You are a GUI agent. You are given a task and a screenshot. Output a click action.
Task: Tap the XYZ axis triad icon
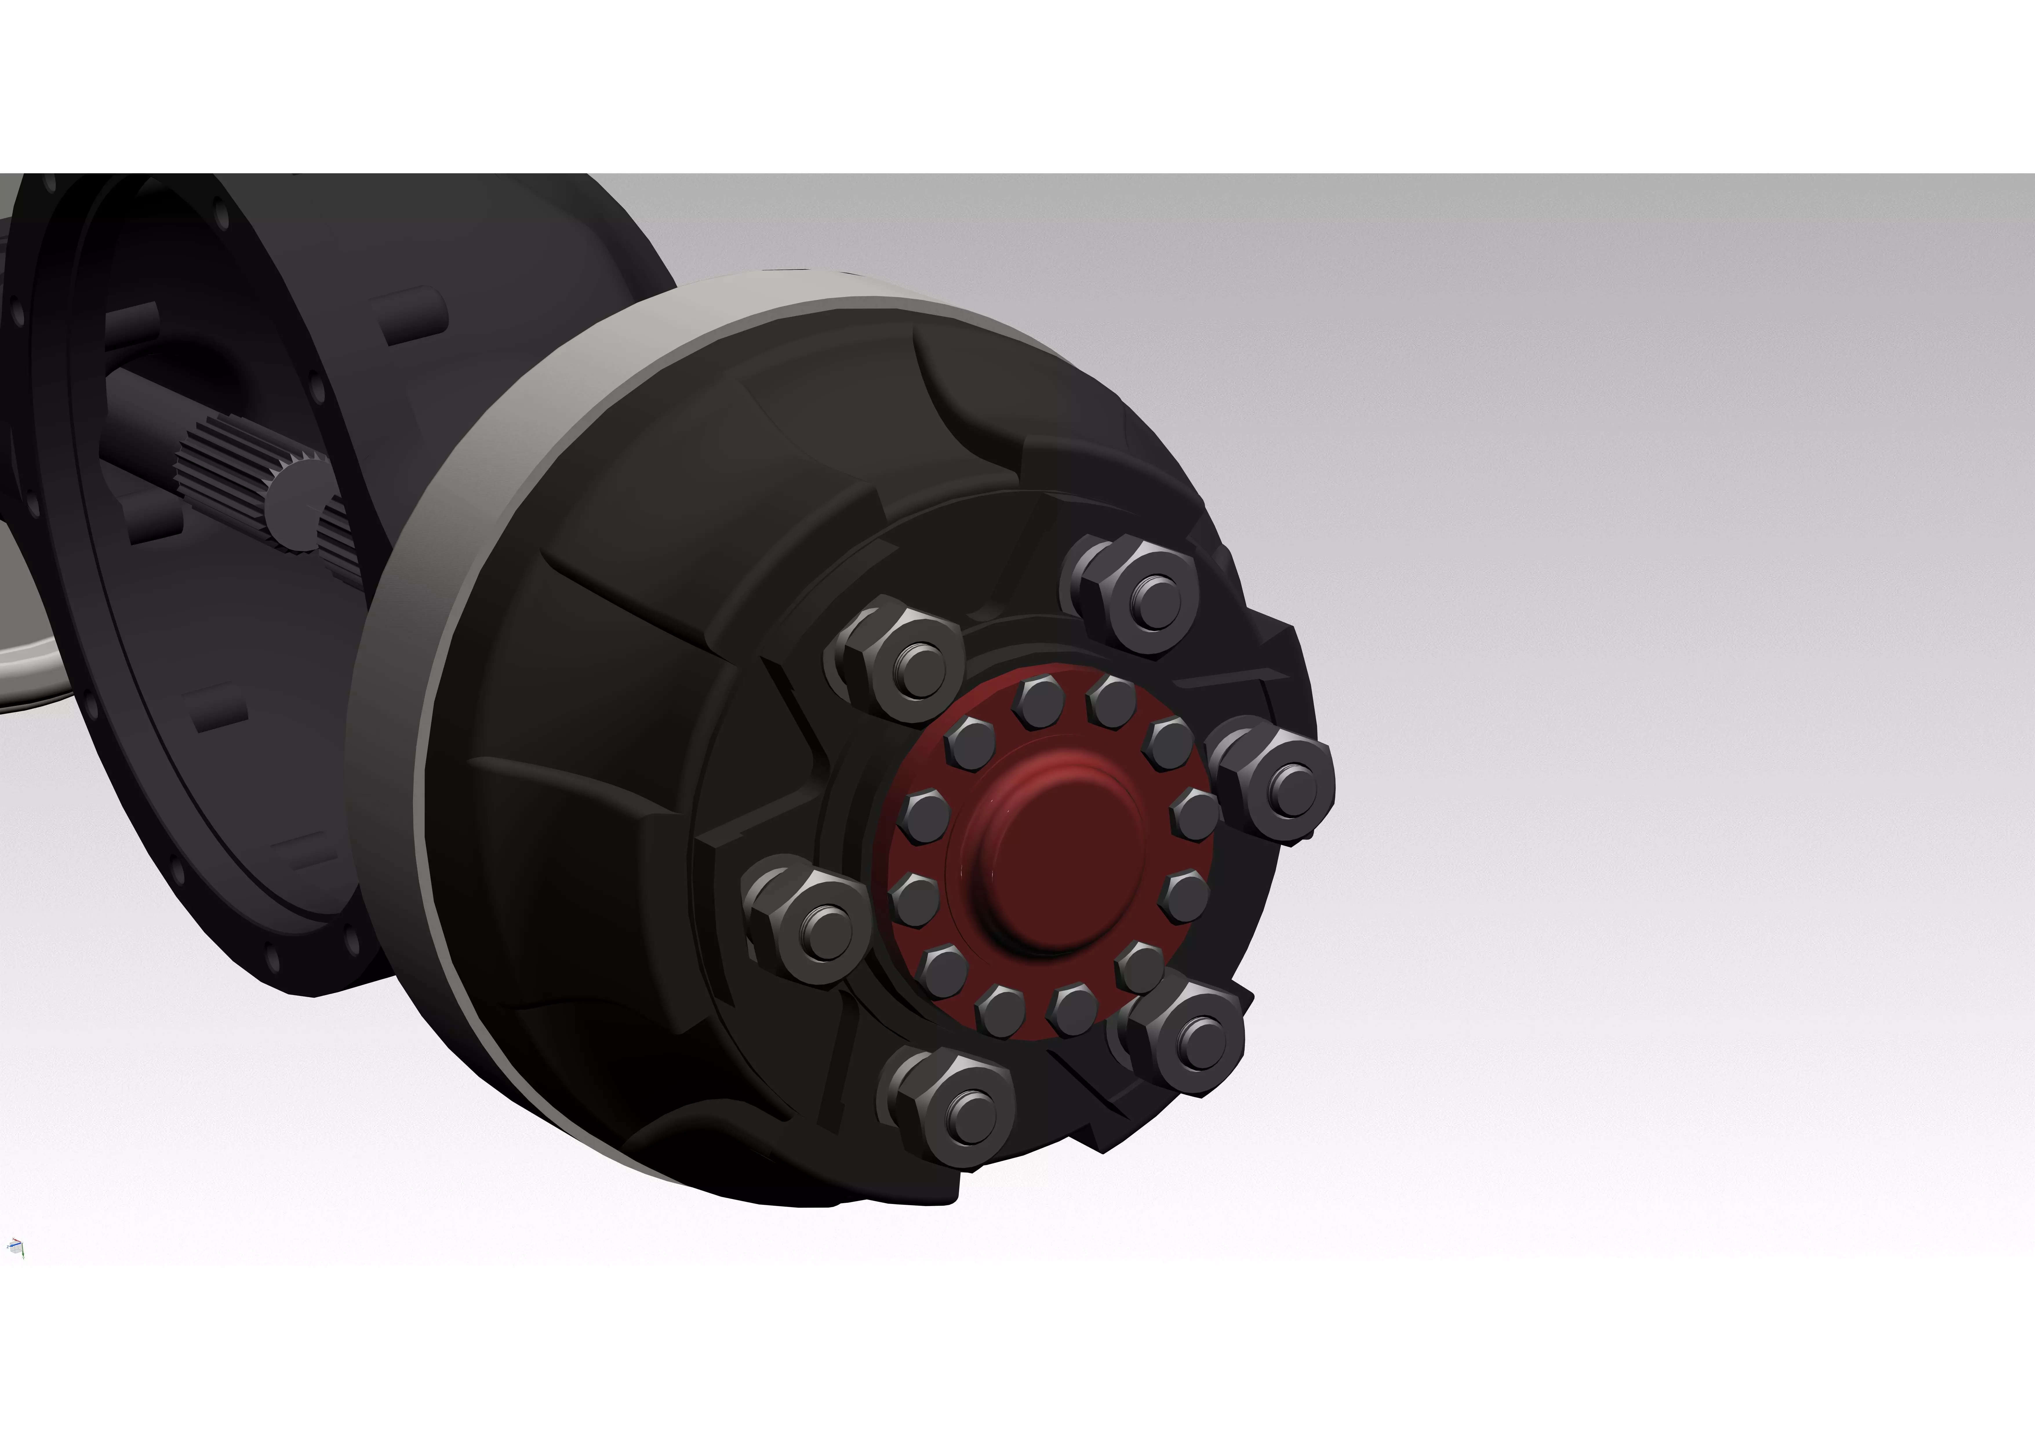pyautogui.click(x=15, y=1247)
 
